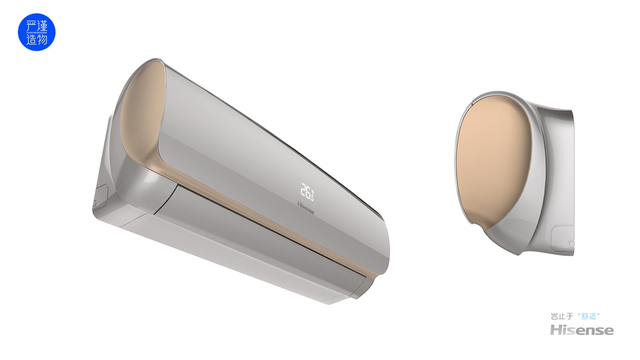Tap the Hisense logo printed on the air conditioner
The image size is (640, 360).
click(306, 207)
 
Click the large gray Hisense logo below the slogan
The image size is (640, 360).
click(581, 330)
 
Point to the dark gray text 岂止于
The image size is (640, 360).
click(562, 316)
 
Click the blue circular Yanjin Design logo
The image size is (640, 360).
click(36, 32)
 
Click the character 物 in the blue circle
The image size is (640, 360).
click(42, 39)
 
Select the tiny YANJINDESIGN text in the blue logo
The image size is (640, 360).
click(36, 32)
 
